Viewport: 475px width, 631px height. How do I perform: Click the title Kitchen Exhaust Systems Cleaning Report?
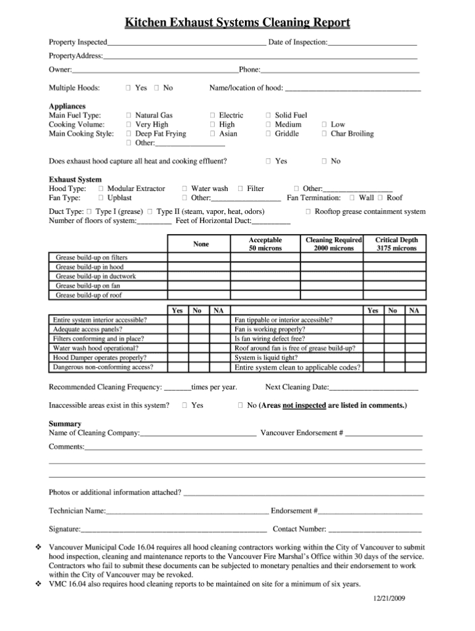pos(237,23)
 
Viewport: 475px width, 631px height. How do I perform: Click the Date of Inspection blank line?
pos(372,43)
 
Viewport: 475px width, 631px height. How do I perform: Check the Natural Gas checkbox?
pos(129,116)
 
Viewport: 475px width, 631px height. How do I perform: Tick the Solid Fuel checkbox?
pos(268,116)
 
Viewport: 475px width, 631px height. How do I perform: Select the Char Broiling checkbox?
pos(324,134)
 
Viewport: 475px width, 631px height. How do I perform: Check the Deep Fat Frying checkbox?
pos(129,134)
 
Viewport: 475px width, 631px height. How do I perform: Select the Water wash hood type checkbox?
pos(185,189)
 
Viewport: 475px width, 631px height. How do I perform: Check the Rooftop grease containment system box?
pos(308,212)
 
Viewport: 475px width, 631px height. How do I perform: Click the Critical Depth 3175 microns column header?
pos(396,244)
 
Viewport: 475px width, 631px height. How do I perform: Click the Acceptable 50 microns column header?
pos(265,244)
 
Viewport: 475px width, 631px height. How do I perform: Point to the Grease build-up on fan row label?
pos(88,286)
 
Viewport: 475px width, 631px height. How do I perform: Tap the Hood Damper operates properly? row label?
pos(100,358)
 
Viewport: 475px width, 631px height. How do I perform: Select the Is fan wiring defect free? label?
pos(270,339)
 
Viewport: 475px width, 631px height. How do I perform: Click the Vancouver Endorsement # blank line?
pos(383,433)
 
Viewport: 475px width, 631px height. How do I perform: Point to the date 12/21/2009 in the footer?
pos(388,599)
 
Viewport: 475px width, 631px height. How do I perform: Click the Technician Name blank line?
pos(187,512)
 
